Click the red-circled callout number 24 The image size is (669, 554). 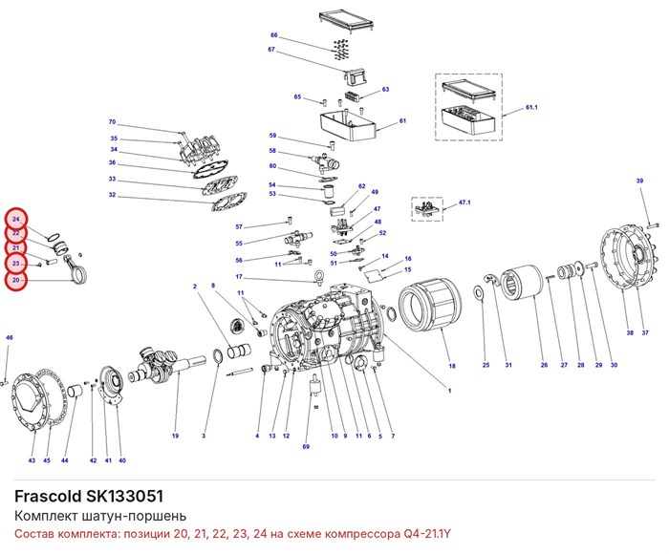tap(16, 219)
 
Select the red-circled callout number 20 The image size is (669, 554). tap(16, 280)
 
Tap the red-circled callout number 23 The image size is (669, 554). tap(16, 264)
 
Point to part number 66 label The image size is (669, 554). tap(274, 35)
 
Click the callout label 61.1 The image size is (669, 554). tap(531, 108)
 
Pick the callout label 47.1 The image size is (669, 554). tap(464, 202)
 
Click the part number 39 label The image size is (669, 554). tap(639, 181)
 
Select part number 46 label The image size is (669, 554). tap(10, 337)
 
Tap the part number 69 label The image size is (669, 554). tap(306, 446)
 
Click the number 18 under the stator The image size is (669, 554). tap(452, 366)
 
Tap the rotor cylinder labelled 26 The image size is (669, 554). tap(521, 283)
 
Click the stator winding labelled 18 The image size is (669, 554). tap(430, 305)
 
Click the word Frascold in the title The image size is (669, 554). tap(48, 496)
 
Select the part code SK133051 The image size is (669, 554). tap(124, 496)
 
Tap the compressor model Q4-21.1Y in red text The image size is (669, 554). tap(427, 534)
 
